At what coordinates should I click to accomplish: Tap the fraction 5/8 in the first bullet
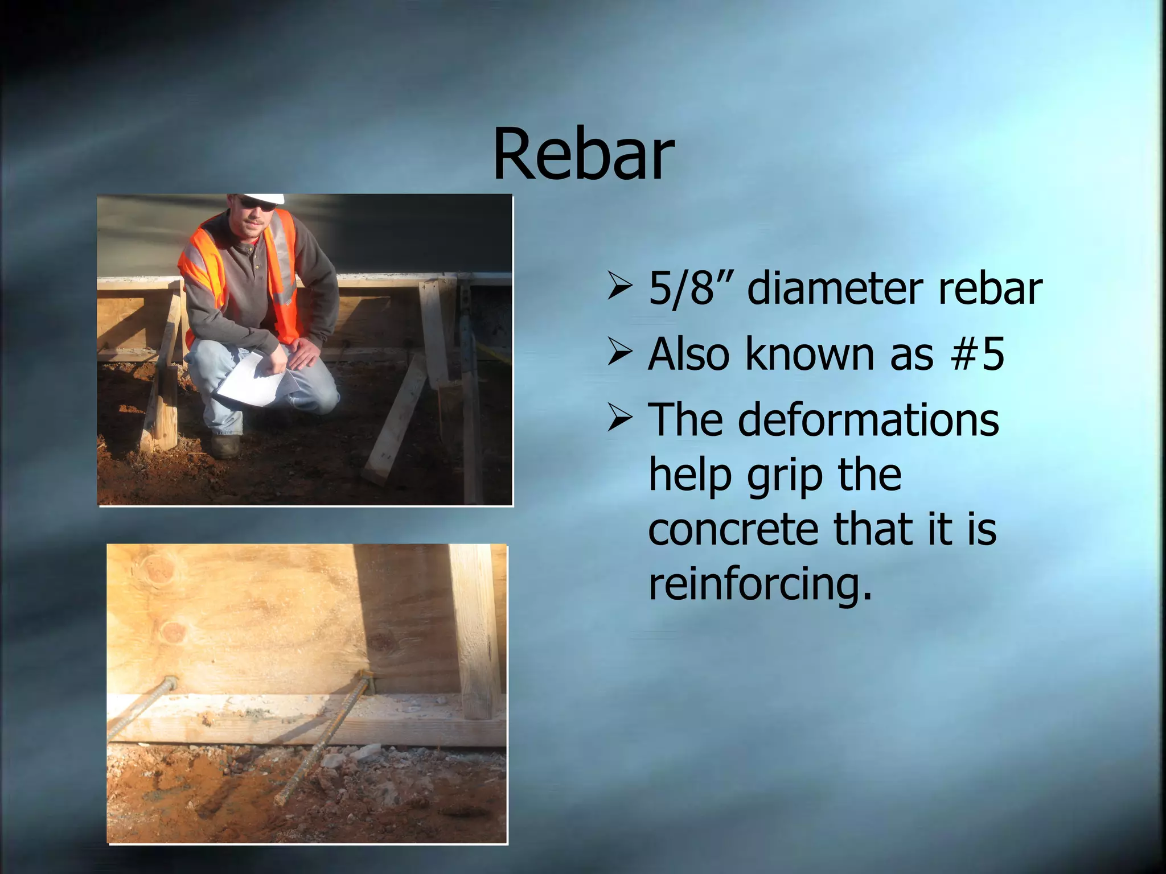pyautogui.click(x=681, y=289)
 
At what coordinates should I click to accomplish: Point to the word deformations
pyautogui.click(x=868, y=420)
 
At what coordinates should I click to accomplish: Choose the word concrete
pyautogui.click(x=734, y=529)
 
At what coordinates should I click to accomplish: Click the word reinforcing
pyautogui.click(x=760, y=585)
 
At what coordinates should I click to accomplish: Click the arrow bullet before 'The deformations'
pyautogui.click(x=619, y=418)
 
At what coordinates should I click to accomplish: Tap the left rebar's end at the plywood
pyautogui.click(x=170, y=683)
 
